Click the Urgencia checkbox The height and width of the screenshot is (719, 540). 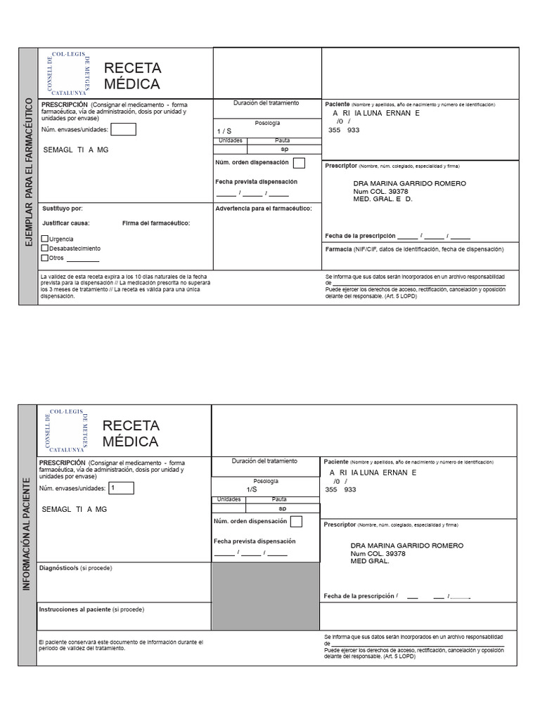click(x=46, y=239)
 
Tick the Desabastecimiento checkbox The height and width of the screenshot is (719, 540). click(x=46, y=248)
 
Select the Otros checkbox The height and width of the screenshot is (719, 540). click(x=46, y=258)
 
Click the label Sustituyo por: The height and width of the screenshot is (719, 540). click(x=63, y=209)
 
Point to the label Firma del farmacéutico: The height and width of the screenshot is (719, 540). click(x=155, y=223)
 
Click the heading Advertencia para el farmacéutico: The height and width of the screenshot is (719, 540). click(x=264, y=209)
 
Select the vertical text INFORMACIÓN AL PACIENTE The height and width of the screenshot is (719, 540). click(x=27, y=534)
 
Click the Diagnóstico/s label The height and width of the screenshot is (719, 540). click(x=75, y=567)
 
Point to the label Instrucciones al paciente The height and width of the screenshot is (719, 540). click(x=91, y=609)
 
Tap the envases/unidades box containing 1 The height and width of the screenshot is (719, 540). click(x=122, y=488)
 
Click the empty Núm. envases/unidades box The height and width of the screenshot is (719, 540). click(x=124, y=129)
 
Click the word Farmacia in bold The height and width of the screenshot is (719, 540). click(x=339, y=249)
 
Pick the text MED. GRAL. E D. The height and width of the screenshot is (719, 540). click(x=382, y=199)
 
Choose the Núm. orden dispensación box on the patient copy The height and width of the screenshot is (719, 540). click(x=296, y=522)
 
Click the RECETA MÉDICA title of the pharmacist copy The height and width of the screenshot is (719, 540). click(x=132, y=76)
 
